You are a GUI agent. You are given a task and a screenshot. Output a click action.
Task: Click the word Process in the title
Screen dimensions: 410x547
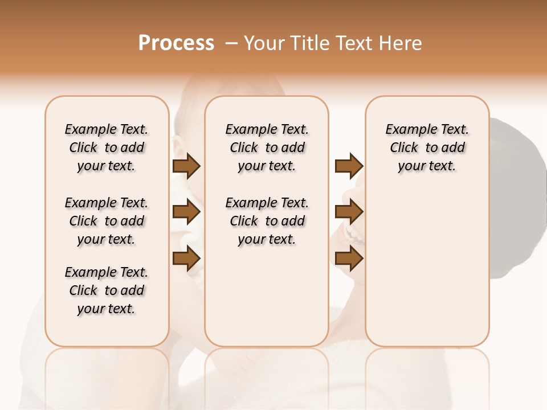click(176, 43)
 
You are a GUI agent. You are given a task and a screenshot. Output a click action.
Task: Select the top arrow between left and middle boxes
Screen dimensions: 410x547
click(186, 166)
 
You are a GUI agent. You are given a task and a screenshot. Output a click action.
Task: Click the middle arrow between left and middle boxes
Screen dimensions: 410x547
click(186, 212)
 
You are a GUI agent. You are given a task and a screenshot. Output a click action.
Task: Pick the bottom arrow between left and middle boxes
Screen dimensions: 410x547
click(186, 259)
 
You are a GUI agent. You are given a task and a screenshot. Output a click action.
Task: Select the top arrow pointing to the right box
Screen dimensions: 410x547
click(349, 166)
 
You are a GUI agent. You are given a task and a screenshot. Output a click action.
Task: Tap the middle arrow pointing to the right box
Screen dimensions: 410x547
click(349, 212)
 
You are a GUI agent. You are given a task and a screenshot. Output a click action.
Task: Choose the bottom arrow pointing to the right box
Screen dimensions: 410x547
click(349, 259)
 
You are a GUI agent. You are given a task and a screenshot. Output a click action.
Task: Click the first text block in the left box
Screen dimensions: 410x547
click(107, 147)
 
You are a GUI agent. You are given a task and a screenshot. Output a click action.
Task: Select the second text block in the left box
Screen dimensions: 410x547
click(107, 221)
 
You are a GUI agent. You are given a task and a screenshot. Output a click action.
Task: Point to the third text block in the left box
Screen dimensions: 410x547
click(107, 290)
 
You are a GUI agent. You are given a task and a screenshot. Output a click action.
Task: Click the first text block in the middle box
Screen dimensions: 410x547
click(267, 147)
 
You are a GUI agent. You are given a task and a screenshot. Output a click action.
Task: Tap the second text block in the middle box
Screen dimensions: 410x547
click(267, 221)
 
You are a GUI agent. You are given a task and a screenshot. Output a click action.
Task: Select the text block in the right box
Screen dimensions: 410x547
click(427, 147)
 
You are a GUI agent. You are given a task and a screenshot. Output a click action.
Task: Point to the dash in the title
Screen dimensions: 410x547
click(231, 43)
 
